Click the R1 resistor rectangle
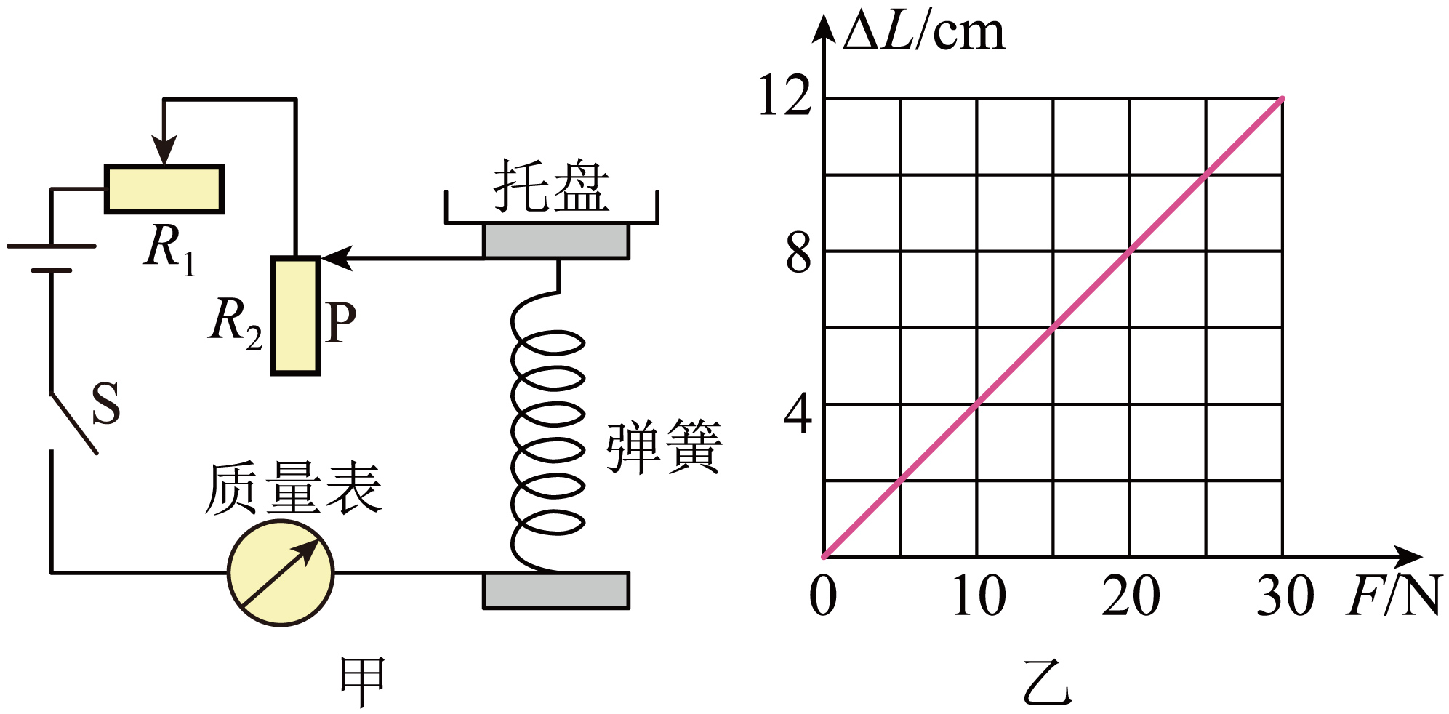[x=164, y=189]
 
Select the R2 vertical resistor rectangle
[x=295, y=316]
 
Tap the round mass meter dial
[x=281, y=572]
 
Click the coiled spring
[x=547, y=429]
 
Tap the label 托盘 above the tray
[x=551, y=187]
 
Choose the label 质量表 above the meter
[x=293, y=489]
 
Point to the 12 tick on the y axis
[x=784, y=96]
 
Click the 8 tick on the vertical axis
[x=798, y=254]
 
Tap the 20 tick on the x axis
[x=1131, y=595]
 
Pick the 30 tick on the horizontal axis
[x=1285, y=595]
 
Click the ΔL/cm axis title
[x=924, y=33]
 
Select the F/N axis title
[x=1393, y=596]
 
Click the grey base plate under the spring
[x=556, y=590]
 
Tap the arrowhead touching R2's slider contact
[x=337, y=257]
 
